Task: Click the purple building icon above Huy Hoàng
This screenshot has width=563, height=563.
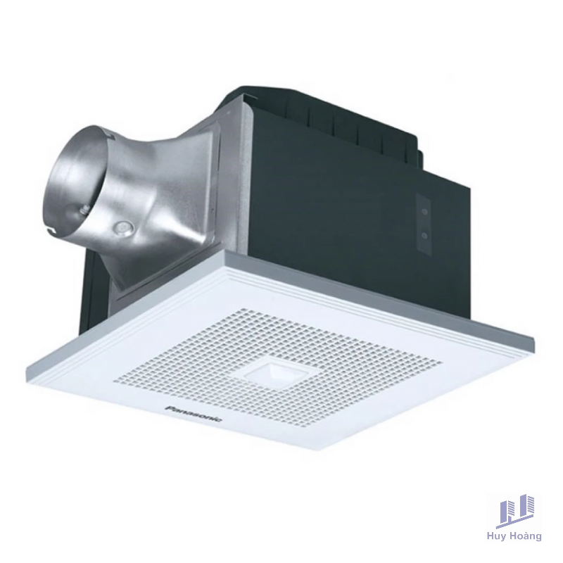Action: pos(515,512)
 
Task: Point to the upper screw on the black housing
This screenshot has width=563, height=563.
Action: pos(425,213)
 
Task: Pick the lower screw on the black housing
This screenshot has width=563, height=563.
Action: pos(425,236)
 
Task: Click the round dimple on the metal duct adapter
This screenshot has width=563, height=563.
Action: pos(122,228)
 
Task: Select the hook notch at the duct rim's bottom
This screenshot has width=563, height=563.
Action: pos(54,231)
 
